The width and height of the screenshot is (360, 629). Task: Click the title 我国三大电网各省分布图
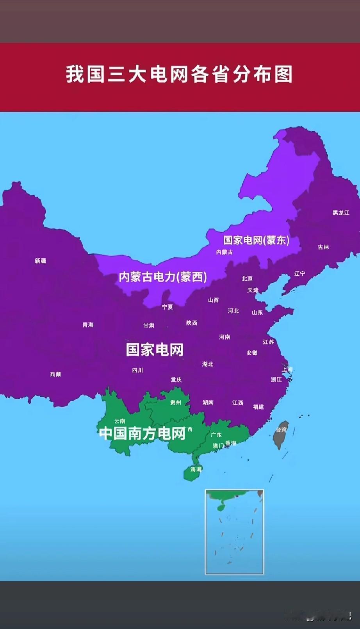pos(179,74)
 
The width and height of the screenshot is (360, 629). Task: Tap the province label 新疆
pos(41,261)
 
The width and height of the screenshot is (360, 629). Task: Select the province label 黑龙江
pos(341,213)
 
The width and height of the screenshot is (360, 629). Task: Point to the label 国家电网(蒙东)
pos(257,240)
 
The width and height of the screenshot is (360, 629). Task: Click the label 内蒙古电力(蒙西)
pos(163,277)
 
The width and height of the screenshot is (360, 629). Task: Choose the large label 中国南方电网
pos(143,433)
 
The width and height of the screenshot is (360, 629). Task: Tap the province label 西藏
pos(55,374)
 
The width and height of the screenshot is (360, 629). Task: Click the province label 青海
pos(88,325)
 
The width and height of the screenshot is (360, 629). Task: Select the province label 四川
pos(137,370)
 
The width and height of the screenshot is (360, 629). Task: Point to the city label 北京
pos(247,278)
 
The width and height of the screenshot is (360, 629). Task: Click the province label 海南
pos(196,469)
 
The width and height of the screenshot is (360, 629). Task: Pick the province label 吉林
pos(323,247)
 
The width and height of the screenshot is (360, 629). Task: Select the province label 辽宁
pos(299,274)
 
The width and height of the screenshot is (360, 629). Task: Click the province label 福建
pos(258,407)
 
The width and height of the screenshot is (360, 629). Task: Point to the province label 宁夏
pos(168,307)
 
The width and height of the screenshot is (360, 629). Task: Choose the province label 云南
pos(120,421)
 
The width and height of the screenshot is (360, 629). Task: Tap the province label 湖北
pos(208,364)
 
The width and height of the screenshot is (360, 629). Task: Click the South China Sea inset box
pos(234,532)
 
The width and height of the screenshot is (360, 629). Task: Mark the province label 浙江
pos(276,380)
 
